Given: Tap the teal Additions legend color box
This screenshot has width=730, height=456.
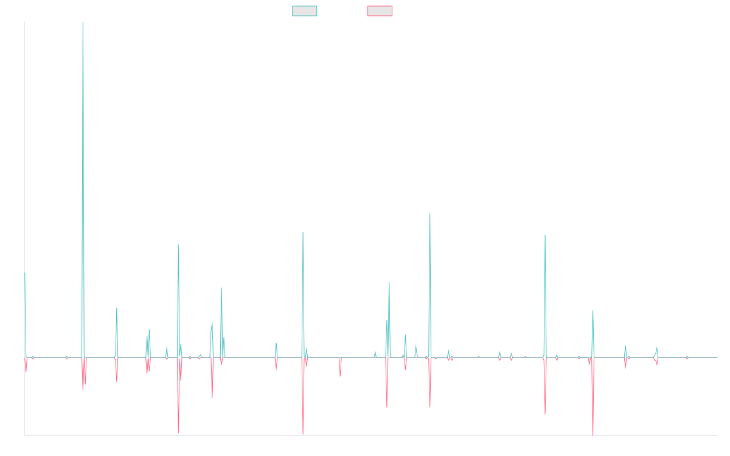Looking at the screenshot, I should coord(305,11).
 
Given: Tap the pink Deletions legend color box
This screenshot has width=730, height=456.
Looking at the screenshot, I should coord(380,11).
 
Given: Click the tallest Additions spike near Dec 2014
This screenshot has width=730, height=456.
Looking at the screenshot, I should coord(83,23).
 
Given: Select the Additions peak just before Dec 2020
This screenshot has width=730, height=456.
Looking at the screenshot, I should coord(430,213).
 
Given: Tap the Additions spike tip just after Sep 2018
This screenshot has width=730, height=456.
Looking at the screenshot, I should coord(302,232).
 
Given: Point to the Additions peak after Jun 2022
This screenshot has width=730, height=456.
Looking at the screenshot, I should coord(545,235).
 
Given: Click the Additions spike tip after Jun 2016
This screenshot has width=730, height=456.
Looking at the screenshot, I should coord(178,244).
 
